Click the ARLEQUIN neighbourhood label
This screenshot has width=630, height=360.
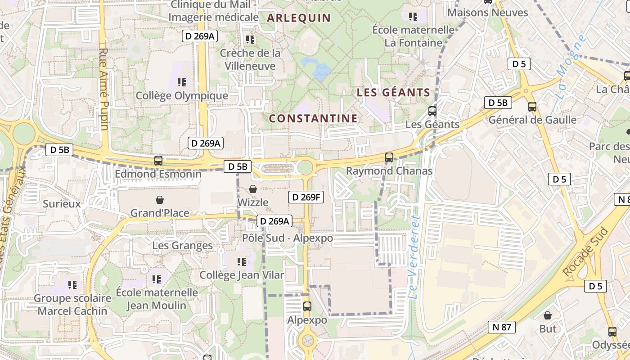click(299, 18)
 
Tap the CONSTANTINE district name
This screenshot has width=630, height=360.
click(313, 118)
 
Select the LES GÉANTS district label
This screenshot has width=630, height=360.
click(393, 93)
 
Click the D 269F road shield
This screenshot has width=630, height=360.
click(306, 197)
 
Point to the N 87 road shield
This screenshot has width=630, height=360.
click(501, 327)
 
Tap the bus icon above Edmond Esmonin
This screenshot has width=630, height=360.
click(158, 160)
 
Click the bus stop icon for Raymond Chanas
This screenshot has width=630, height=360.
click(389, 157)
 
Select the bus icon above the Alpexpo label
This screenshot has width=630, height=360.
click(307, 306)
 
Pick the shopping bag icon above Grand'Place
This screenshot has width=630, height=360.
click(159, 199)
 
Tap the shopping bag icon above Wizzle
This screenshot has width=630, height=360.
click(253, 189)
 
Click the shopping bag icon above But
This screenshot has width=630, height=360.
click(548, 315)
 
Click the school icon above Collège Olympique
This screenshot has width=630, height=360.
click(182, 82)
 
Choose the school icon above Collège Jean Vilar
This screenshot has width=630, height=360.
click(242, 261)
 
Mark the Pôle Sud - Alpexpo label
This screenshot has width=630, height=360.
click(288, 238)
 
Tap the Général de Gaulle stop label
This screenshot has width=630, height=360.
click(532, 120)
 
